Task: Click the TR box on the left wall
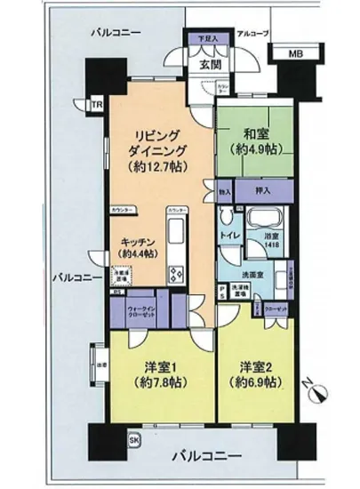pyautogui.click(x=100, y=107)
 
